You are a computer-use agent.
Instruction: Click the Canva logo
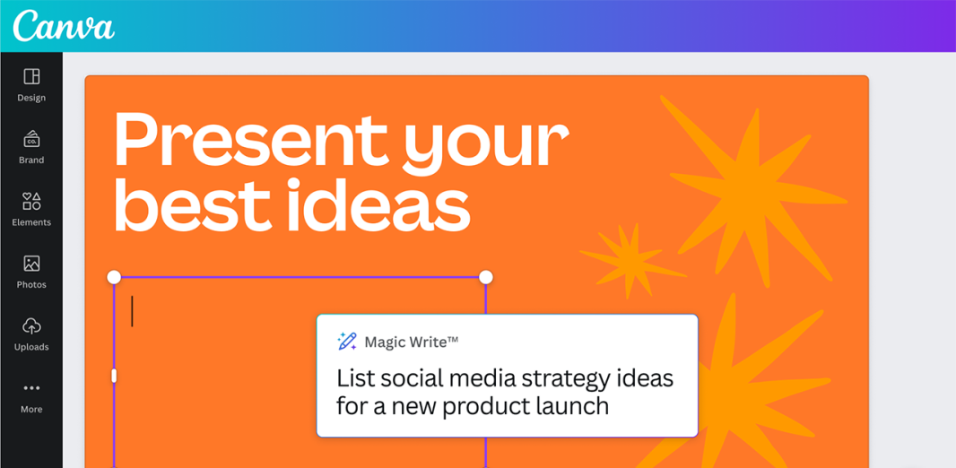(x=64, y=26)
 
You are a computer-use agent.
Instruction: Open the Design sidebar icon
(x=31, y=76)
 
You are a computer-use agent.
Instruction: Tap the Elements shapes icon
(x=31, y=201)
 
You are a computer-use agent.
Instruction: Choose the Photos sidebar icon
(x=31, y=264)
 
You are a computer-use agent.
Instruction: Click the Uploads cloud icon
(x=31, y=326)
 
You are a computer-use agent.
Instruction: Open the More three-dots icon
(x=31, y=388)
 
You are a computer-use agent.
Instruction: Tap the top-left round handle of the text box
(x=114, y=277)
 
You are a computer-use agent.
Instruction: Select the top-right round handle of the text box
(x=486, y=277)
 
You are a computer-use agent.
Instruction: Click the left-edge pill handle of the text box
(x=114, y=376)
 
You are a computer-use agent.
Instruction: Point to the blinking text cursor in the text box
(x=133, y=311)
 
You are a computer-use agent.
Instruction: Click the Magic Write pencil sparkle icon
(x=347, y=342)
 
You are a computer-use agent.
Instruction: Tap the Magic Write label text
(x=411, y=342)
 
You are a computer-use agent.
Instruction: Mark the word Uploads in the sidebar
(x=31, y=347)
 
